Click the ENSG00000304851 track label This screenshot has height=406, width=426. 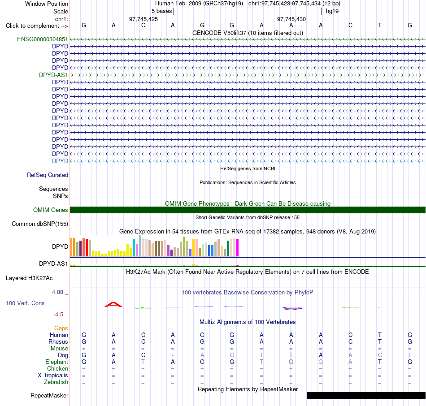pos(43,39)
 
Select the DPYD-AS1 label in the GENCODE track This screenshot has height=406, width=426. pos(53,75)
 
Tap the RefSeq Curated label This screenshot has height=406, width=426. pos(48,175)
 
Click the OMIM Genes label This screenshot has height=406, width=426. pos(51,210)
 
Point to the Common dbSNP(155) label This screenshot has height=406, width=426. pos(40,224)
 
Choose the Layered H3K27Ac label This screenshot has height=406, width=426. pos(29,278)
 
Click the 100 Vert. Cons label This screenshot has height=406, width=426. pos(25,303)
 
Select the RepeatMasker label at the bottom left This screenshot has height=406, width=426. pos(49,395)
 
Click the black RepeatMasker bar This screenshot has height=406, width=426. pos(366,395)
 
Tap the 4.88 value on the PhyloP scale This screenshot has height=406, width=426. pos(57,292)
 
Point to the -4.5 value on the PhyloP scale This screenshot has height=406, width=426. pos(58,315)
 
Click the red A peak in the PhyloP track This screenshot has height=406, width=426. pos(113,305)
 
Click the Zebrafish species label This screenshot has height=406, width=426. pos(56,382)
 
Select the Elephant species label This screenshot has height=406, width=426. pos(57,362)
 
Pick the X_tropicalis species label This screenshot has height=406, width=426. pos(53,375)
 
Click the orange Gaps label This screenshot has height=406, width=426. pos(61,328)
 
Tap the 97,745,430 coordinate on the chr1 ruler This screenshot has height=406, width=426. pos(291,19)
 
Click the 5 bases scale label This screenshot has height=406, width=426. pos(161,11)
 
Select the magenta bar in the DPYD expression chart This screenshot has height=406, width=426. pos(238,247)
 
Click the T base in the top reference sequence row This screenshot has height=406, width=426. pos(380,25)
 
